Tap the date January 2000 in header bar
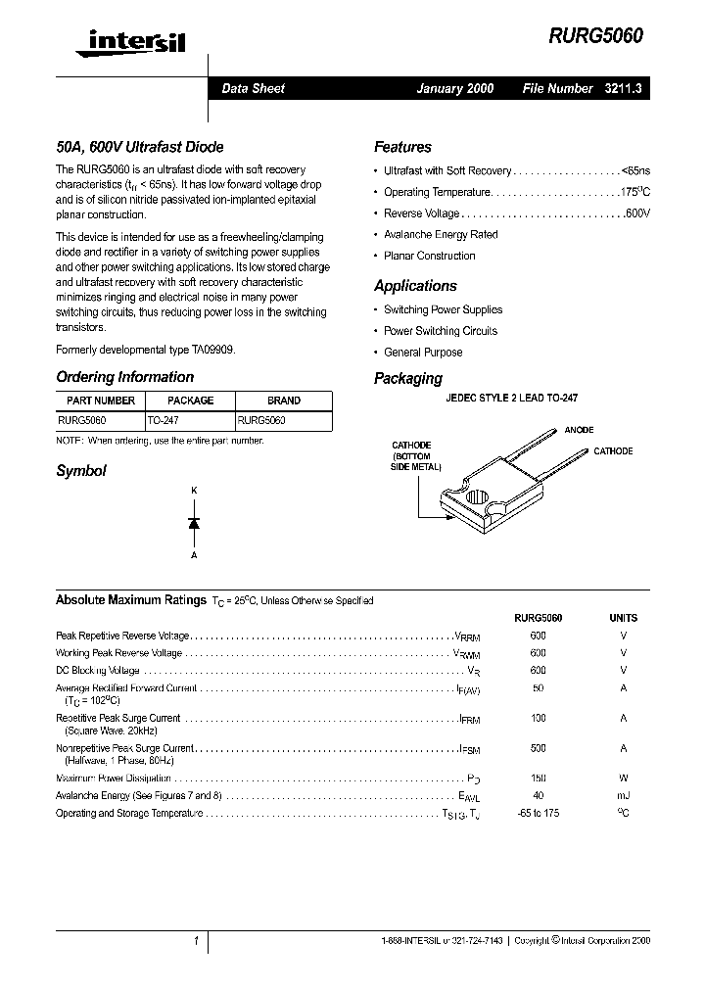[454, 88]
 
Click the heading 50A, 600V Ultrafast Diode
[139, 147]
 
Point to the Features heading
[402, 147]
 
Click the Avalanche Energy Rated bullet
[441, 235]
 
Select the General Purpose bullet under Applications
[423, 353]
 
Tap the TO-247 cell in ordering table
[164, 419]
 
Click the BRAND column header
[284, 401]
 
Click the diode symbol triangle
[194, 523]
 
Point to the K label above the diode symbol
[194, 490]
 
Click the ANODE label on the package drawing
[579, 430]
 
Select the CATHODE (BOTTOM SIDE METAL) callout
[411, 456]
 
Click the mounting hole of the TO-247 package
[476, 495]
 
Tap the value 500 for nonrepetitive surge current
[538, 747]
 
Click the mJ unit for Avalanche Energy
[623, 796]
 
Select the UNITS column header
[623, 618]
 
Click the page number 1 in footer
[196, 941]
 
